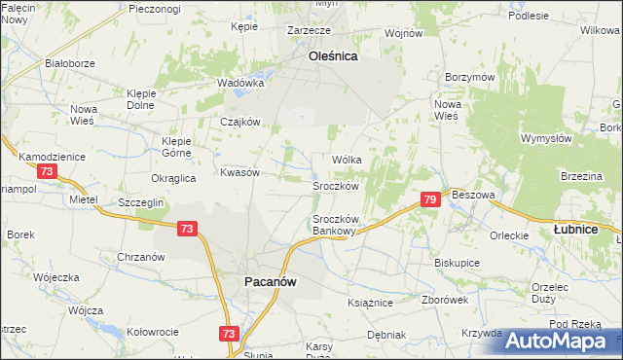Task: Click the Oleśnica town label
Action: tap(333, 56)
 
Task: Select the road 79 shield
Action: tap(431, 199)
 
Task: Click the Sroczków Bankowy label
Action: tap(337, 225)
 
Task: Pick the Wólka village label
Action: tap(347, 159)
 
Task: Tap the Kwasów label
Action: tap(239, 172)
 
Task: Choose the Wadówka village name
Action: tap(241, 83)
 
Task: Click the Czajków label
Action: tap(239, 122)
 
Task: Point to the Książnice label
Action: tap(370, 303)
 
